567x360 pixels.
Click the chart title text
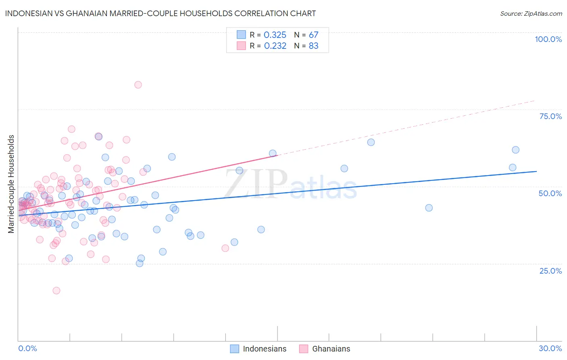[161, 13]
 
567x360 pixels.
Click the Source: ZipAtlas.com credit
[531, 13]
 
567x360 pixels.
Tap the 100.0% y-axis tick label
[548, 39]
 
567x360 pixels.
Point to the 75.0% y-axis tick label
[550, 116]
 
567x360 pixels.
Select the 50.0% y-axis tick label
[550, 193]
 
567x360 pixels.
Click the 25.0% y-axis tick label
[550, 270]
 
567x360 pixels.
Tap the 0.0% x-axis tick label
[27, 348]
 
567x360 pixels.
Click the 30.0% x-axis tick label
[550, 348]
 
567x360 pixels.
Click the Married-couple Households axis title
[11, 184]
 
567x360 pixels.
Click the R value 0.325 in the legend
[275, 35]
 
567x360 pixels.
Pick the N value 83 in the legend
[313, 46]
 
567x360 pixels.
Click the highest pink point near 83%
[138, 85]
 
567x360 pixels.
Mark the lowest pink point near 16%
[56, 291]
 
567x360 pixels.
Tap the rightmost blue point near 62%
[515, 150]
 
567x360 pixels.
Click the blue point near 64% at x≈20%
[371, 142]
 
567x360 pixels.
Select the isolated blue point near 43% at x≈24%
[429, 208]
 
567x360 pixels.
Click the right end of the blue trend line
[536, 172]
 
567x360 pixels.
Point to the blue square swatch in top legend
[241, 35]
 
